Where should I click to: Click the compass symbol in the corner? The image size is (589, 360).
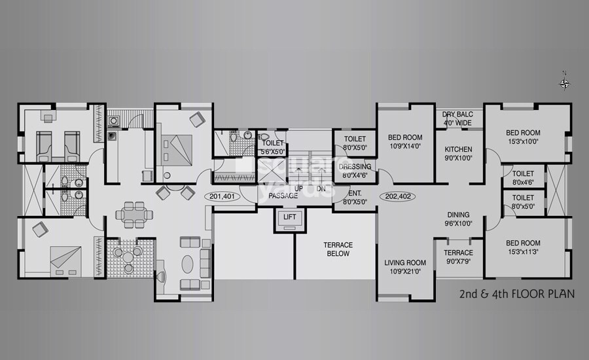563,82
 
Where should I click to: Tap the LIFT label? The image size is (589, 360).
289,217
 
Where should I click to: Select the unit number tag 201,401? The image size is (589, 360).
223,195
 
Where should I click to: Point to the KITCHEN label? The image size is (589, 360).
458,149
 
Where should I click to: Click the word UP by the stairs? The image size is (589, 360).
298,189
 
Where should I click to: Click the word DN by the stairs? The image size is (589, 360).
321,189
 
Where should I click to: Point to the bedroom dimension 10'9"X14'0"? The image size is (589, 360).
405,147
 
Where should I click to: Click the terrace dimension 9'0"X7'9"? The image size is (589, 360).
458,262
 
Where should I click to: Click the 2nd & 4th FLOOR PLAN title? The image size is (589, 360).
516,294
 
